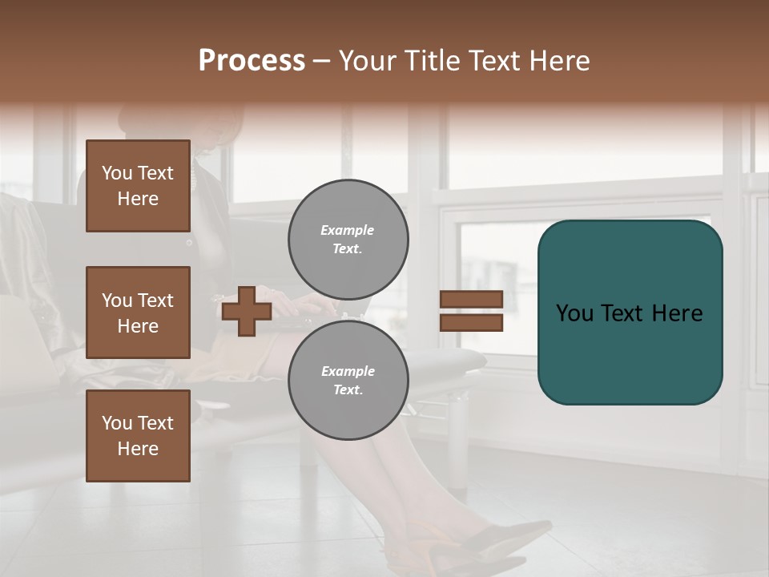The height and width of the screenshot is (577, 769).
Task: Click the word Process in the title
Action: [x=252, y=61]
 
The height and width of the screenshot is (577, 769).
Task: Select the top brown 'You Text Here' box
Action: [x=138, y=186]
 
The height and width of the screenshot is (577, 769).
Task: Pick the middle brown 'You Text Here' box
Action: [x=138, y=313]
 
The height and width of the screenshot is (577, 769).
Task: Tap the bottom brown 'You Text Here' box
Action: [x=138, y=436]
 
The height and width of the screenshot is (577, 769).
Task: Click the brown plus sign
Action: [x=247, y=311]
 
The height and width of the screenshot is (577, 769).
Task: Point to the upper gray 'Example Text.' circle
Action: [x=348, y=240]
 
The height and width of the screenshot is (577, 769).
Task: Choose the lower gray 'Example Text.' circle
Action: [x=348, y=381]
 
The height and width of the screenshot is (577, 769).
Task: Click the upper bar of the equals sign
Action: [x=471, y=299]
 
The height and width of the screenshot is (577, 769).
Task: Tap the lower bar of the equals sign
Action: [x=471, y=323]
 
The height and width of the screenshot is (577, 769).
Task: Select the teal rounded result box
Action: [x=630, y=313]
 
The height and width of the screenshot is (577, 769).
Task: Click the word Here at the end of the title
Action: [x=561, y=61]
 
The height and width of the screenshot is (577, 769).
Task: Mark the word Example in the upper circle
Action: [x=348, y=230]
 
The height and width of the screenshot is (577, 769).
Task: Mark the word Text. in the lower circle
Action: [x=348, y=390]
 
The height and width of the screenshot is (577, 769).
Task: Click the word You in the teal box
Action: [x=575, y=313]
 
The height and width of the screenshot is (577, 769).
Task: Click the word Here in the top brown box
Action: [x=138, y=199]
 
